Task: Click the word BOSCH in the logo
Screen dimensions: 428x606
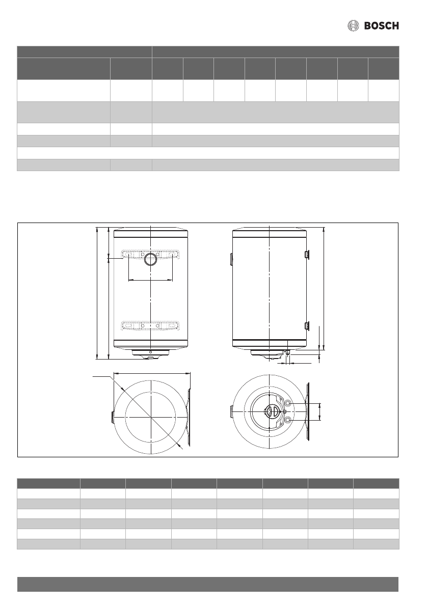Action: (x=381, y=26)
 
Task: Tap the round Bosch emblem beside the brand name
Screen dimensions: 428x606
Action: (x=353, y=26)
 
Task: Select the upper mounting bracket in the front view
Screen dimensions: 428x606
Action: (x=150, y=254)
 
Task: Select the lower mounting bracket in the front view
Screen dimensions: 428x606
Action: (x=150, y=326)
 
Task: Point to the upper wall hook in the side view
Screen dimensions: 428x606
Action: (x=307, y=254)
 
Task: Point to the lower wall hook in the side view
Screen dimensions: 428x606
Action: (x=307, y=326)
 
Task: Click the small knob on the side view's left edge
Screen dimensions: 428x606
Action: (x=231, y=260)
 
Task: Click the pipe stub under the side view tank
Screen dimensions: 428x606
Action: (x=286, y=353)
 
